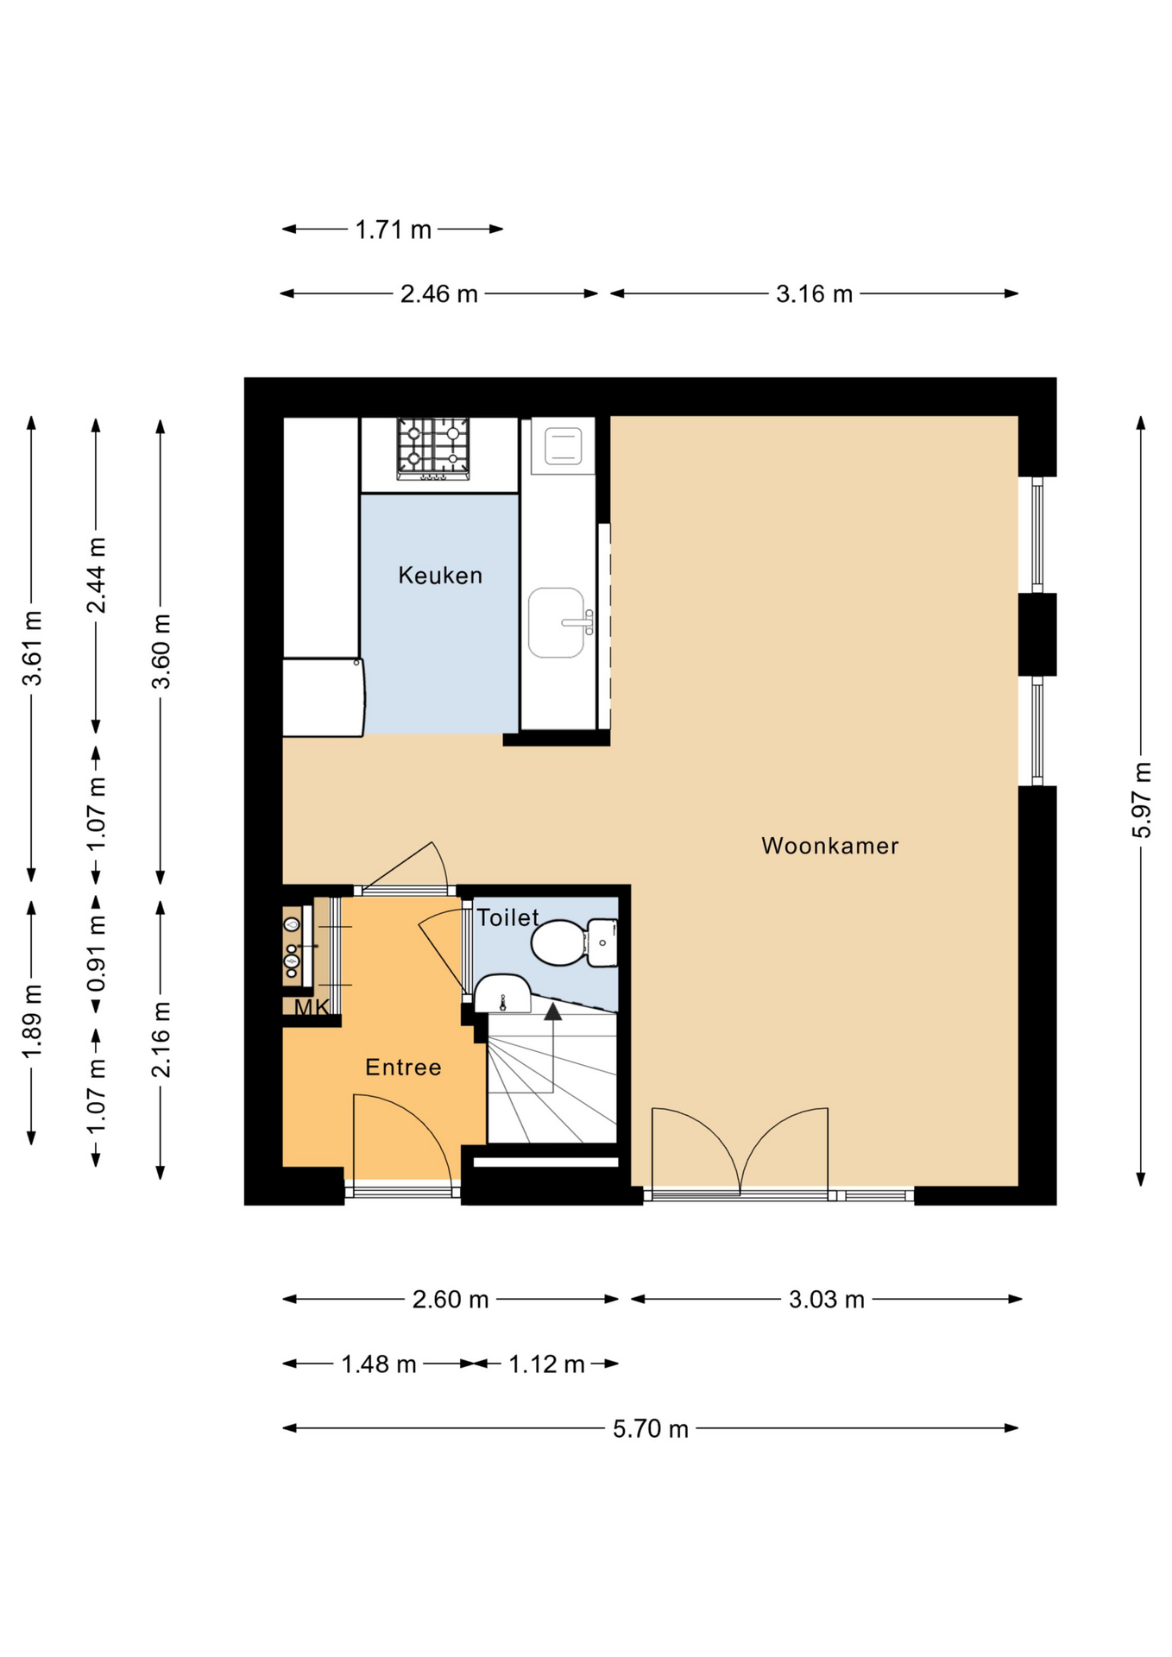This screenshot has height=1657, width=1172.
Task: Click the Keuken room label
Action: [440, 576]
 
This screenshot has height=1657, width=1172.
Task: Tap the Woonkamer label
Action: [830, 846]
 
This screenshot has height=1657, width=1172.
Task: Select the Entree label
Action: [403, 1068]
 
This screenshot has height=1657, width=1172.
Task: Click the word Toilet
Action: [507, 917]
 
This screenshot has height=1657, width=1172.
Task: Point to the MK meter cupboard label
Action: [312, 1007]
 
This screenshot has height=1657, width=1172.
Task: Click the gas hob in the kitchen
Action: [433, 449]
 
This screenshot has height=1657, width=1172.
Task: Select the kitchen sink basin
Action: [557, 622]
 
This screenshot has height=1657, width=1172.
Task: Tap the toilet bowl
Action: [559, 942]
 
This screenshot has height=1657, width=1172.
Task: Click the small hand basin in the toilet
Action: [502, 993]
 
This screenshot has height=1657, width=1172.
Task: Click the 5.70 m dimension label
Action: [651, 1429]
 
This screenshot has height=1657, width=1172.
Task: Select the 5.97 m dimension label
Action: [1142, 800]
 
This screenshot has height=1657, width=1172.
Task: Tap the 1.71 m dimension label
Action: [394, 230]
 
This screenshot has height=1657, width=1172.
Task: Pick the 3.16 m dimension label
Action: [814, 294]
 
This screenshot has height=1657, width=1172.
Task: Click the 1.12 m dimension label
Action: [546, 1364]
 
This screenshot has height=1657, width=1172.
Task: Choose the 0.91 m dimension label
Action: [97, 954]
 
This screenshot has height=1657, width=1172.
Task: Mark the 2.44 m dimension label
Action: [97, 576]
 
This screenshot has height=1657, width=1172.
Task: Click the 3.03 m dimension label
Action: [827, 1300]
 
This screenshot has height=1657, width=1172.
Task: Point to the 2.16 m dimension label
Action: [161, 1040]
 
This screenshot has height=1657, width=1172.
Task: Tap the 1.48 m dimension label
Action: [379, 1364]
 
